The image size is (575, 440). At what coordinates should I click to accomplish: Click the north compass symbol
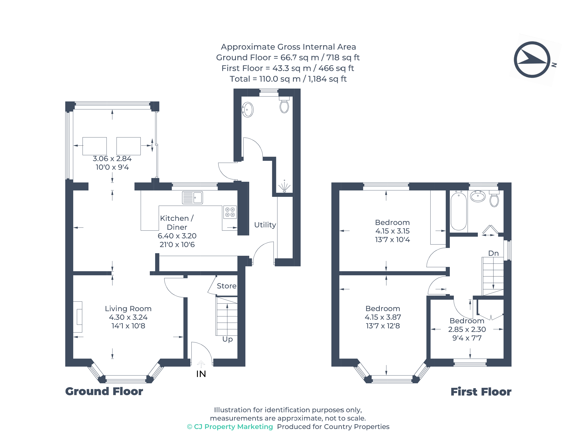click(x=532, y=59)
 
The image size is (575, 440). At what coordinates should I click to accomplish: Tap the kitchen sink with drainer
click(x=192, y=198)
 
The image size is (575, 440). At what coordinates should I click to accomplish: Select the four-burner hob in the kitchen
click(x=230, y=212)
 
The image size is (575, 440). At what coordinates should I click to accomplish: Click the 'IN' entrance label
click(x=201, y=374)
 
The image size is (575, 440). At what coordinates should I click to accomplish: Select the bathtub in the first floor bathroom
click(x=458, y=211)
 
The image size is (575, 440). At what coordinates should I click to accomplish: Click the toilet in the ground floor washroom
click(x=284, y=106)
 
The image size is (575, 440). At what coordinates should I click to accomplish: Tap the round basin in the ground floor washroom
click(x=248, y=110)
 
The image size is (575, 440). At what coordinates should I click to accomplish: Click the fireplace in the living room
click(x=78, y=317)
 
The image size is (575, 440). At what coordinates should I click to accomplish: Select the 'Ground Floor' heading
click(x=104, y=391)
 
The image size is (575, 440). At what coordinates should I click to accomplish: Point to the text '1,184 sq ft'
click(x=327, y=79)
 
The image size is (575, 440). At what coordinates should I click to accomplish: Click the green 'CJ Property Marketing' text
click(x=230, y=427)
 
